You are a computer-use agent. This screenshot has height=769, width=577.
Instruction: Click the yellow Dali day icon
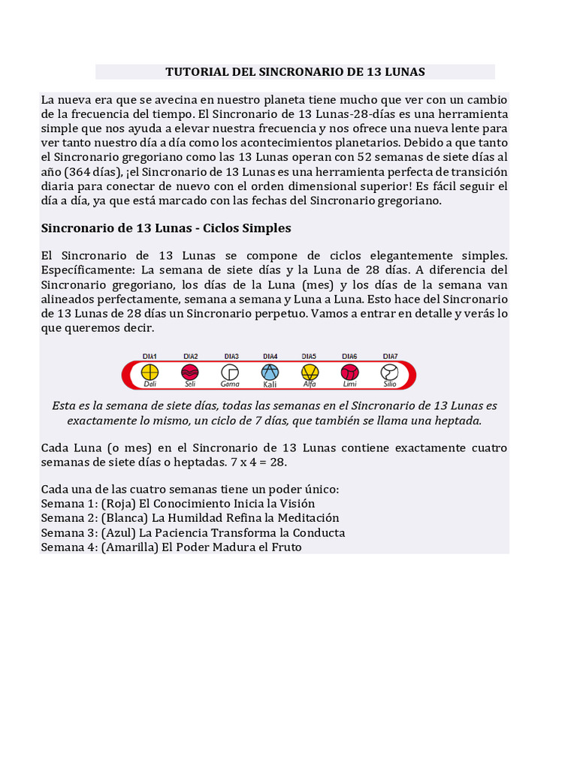[150, 372]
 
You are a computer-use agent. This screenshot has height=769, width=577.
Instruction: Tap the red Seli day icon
[190, 372]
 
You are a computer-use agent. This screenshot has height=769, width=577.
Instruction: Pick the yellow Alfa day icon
[309, 372]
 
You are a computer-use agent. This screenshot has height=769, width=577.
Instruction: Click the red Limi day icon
[349, 372]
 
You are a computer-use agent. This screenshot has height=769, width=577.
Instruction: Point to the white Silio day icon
[389, 372]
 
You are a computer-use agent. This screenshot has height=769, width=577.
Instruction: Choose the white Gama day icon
[230, 372]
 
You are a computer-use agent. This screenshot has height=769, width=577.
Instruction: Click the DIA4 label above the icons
[270, 356]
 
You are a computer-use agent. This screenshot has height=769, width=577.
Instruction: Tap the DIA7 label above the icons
[390, 356]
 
